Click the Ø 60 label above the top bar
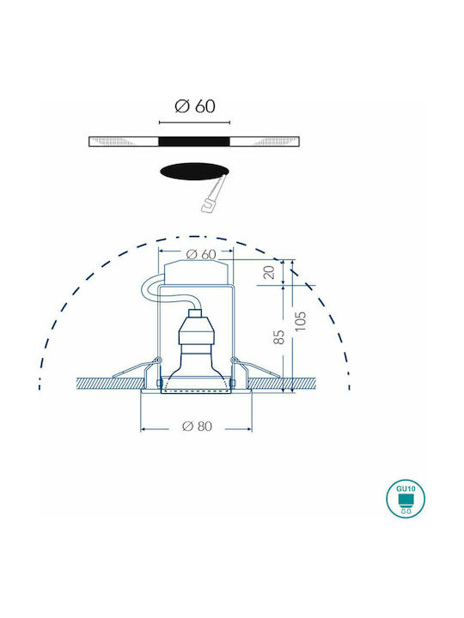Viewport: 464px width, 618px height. point(195,106)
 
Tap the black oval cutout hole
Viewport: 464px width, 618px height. point(194,172)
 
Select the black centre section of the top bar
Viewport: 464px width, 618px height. point(194,142)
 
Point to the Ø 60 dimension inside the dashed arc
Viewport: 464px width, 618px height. point(201,255)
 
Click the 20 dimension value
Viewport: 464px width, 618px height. point(269,272)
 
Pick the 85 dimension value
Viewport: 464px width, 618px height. point(278,337)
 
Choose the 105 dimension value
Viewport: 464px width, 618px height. point(301,321)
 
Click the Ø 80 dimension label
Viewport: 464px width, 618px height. point(198,426)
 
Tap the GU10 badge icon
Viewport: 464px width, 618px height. point(406,499)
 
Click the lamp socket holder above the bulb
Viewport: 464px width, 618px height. point(196,332)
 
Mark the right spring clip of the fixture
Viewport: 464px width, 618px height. point(255,368)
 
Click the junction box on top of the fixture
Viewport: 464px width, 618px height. point(196,272)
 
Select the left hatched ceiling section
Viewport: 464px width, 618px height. point(109,384)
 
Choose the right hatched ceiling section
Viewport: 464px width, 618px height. point(282,384)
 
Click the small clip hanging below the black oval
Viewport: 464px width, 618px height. point(213,195)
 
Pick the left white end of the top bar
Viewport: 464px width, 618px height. point(124,142)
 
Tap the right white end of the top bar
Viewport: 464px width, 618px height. point(265,142)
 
